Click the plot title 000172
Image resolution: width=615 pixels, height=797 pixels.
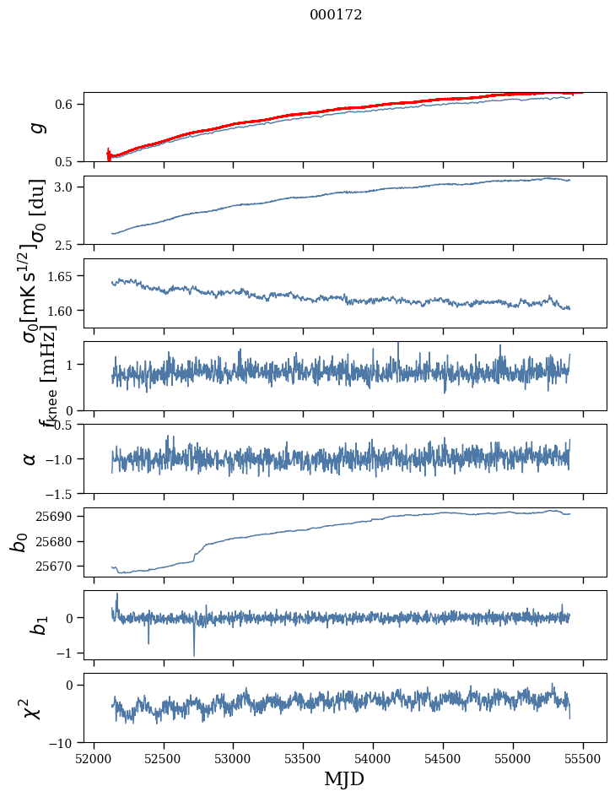(x=336, y=15)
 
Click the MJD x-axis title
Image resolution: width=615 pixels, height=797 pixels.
(x=344, y=778)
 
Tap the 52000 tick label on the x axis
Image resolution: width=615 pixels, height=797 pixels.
(x=94, y=758)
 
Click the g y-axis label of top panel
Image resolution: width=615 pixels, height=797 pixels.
(x=35, y=127)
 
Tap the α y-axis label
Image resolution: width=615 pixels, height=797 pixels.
(x=30, y=458)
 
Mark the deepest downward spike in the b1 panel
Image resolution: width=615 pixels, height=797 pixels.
(x=194, y=655)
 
